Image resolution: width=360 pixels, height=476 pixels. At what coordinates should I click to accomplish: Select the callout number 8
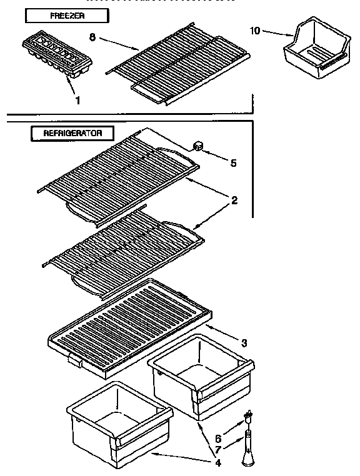click(92, 37)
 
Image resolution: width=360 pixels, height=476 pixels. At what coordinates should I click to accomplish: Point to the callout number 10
click(255, 30)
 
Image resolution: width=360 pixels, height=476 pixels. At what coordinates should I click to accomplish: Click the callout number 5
click(233, 163)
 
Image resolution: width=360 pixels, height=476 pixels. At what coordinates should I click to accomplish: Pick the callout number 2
click(234, 201)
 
